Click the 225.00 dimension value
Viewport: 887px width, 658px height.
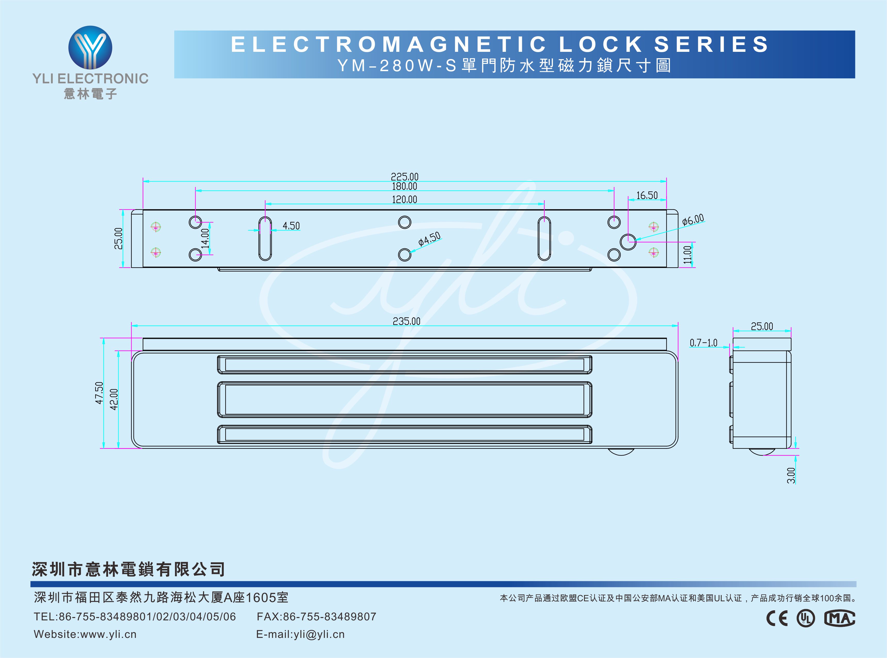(x=405, y=176)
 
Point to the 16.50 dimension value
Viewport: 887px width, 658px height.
(x=647, y=195)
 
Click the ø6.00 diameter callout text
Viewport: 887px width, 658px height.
(x=693, y=220)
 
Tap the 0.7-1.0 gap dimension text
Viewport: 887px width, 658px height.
(x=703, y=343)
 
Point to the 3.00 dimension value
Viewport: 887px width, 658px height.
(x=791, y=475)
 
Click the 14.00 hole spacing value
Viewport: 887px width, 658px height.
(x=205, y=238)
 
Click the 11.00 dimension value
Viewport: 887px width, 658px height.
(x=687, y=255)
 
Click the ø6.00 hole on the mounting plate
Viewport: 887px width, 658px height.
(x=628, y=241)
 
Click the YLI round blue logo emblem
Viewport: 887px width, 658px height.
(x=91, y=48)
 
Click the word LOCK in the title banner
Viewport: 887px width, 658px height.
(x=601, y=44)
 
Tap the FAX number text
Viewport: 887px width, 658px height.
(x=316, y=616)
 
